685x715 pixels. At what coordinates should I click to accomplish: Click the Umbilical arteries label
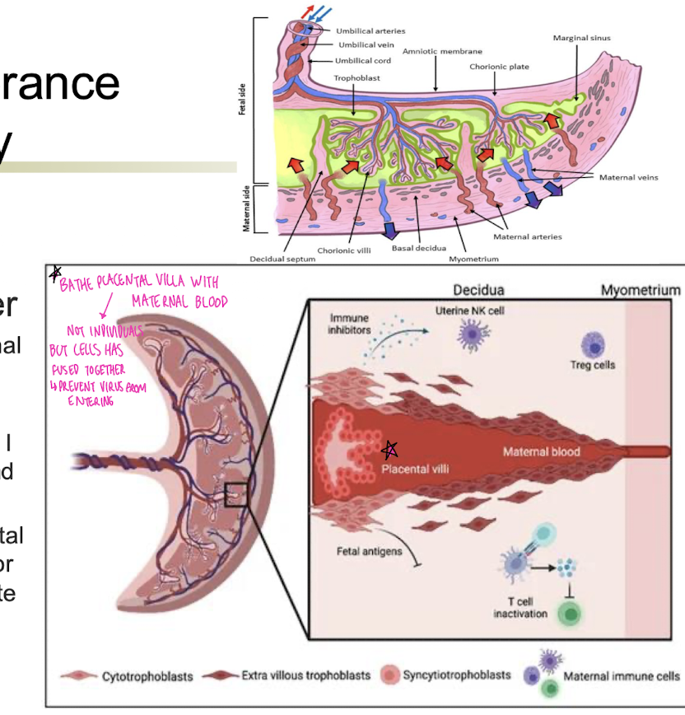[370, 31]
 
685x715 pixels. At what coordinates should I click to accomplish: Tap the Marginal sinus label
[582, 38]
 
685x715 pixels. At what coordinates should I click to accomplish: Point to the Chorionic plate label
[499, 67]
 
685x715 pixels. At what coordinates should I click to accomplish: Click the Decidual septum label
[282, 259]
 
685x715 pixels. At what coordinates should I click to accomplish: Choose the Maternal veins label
[628, 177]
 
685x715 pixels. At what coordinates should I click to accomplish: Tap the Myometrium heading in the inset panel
[641, 291]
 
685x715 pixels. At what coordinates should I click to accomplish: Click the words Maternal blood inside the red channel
[542, 451]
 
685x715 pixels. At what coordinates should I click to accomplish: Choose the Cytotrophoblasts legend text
[147, 677]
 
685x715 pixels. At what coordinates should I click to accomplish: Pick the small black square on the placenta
[235, 495]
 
